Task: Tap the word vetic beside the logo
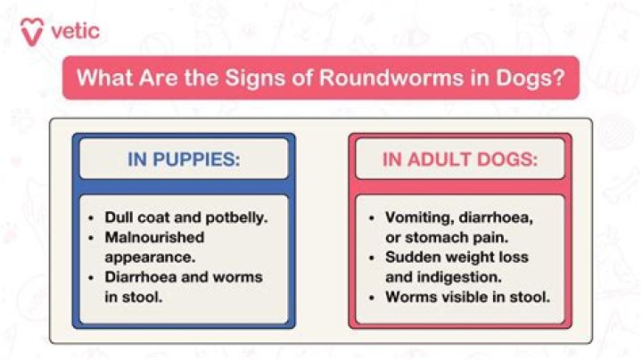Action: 76,31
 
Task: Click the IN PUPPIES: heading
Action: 184,161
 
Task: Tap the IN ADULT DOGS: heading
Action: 459,161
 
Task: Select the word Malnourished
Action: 154,237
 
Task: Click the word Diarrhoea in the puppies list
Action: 142,277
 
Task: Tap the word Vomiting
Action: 419,217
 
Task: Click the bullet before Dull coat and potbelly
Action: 92,217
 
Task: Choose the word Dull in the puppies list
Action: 119,217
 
